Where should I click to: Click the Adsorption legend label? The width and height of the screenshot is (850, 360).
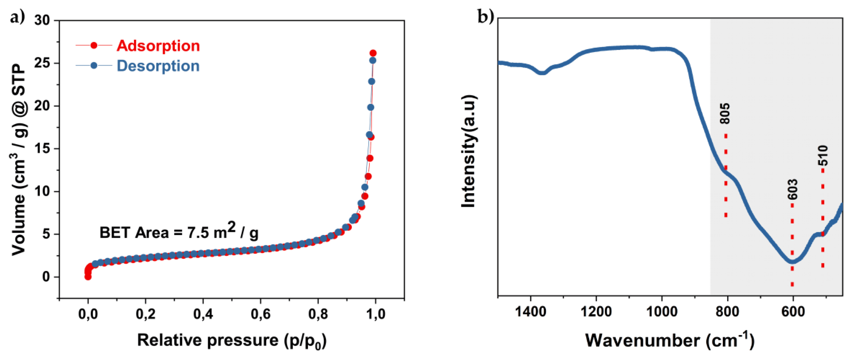[x=158, y=46]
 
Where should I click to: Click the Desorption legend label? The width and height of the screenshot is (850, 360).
[x=158, y=66]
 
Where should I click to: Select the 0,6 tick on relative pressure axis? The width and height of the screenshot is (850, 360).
[x=260, y=314]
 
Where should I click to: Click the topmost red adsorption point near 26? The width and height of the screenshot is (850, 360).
[x=373, y=53]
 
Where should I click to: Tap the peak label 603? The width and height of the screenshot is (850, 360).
[x=793, y=189]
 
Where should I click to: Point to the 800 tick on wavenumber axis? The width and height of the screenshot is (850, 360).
[x=727, y=311]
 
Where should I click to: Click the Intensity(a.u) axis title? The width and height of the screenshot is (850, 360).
[x=469, y=151]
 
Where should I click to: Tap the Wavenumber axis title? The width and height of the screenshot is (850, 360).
[x=670, y=341]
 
